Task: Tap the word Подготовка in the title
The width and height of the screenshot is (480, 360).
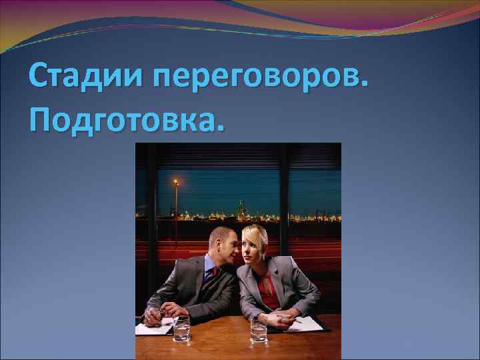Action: [124, 119]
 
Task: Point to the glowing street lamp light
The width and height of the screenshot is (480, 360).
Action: [176, 181]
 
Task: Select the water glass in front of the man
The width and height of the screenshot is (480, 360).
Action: [181, 328]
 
